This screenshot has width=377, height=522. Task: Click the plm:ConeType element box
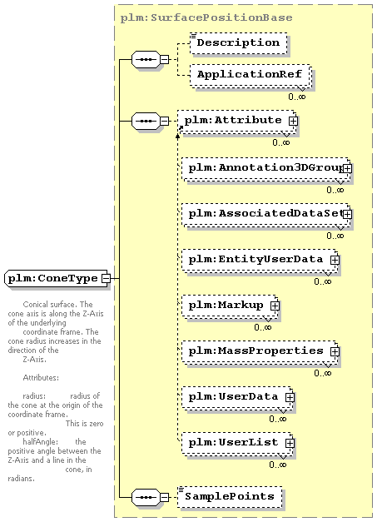[57, 278]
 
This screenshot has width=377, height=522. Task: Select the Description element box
[239, 43]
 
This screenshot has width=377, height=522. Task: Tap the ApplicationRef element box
[251, 76]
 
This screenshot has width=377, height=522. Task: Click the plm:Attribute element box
[237, 122]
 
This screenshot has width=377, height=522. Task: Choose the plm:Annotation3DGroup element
[266, 169]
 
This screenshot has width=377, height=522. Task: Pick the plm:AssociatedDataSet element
[266, 215]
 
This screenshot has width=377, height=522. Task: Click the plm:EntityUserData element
[260, 261]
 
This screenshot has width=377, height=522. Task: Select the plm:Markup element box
[231, 306]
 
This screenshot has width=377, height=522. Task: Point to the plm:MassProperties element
[260, 352]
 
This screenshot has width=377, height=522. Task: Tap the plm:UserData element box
[237, 398]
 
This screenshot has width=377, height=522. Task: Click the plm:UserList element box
[237, 444]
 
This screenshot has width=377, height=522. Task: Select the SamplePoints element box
[230, 497]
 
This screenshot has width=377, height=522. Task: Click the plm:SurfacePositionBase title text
[206, 17]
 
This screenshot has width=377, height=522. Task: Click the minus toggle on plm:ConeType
[106, 278]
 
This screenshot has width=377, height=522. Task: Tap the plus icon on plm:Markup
[275, 306]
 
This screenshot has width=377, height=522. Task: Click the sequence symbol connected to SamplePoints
[146, 497]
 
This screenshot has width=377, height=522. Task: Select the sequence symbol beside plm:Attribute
[146, 121]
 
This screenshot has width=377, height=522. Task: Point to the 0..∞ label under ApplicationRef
[297, 97]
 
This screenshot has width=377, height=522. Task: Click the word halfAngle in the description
[40, 442]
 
